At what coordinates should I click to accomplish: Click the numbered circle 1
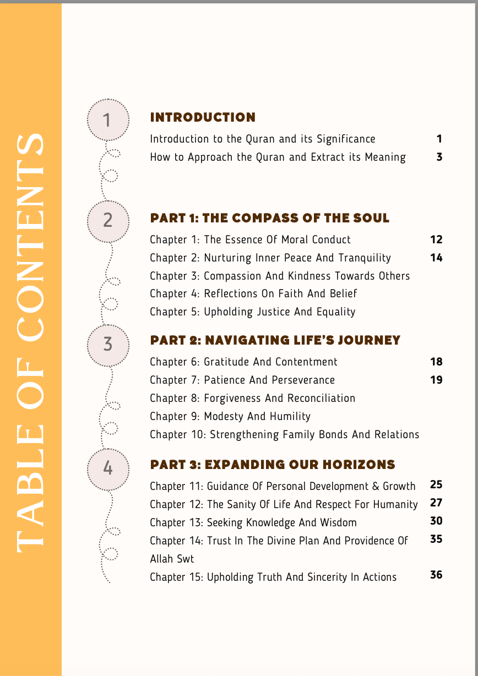point(107,119)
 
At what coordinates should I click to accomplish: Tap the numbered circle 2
point(107,220)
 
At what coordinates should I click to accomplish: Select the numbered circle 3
point(107,345)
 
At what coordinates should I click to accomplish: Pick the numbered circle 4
point(107,468)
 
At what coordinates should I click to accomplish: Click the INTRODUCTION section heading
point(203,117)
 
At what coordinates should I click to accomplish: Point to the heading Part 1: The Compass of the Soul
point(269,218)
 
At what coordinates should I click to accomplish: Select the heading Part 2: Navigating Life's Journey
point(275,340)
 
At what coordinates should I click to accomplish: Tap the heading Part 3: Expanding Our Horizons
point(273,465)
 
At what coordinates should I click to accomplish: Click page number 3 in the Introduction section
point(439,157)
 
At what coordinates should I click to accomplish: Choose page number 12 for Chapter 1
point(436,239)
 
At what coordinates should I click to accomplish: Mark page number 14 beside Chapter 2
point(436,258)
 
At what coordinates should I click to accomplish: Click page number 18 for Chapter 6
point(436,362)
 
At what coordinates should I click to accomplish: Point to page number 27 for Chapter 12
point(436,503)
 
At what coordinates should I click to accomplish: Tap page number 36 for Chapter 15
point(436,575)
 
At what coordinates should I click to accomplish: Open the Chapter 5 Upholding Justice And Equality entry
point(252,312)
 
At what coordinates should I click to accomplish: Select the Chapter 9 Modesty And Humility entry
point(230,416)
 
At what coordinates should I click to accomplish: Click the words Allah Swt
point(172,559)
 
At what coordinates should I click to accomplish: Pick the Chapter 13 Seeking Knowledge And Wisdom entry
point(253,522)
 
